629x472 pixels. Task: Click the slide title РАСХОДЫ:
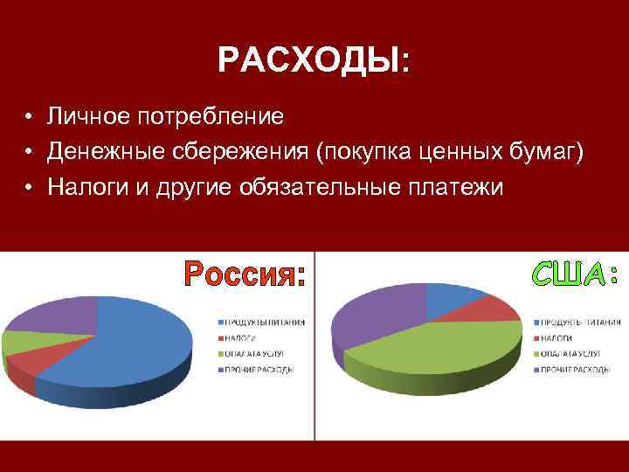coord(314,60)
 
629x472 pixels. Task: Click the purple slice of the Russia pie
coord(52,316)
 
